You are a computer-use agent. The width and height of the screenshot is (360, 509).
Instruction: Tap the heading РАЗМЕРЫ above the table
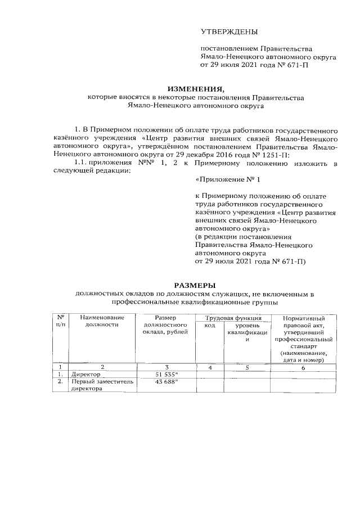195,285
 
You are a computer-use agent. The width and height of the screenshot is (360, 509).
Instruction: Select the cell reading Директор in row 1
85,374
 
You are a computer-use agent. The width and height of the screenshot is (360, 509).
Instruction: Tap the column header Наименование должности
102,322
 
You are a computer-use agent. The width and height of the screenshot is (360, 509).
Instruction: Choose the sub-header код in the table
209,326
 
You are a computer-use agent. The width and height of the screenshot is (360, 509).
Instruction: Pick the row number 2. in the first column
60,382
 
